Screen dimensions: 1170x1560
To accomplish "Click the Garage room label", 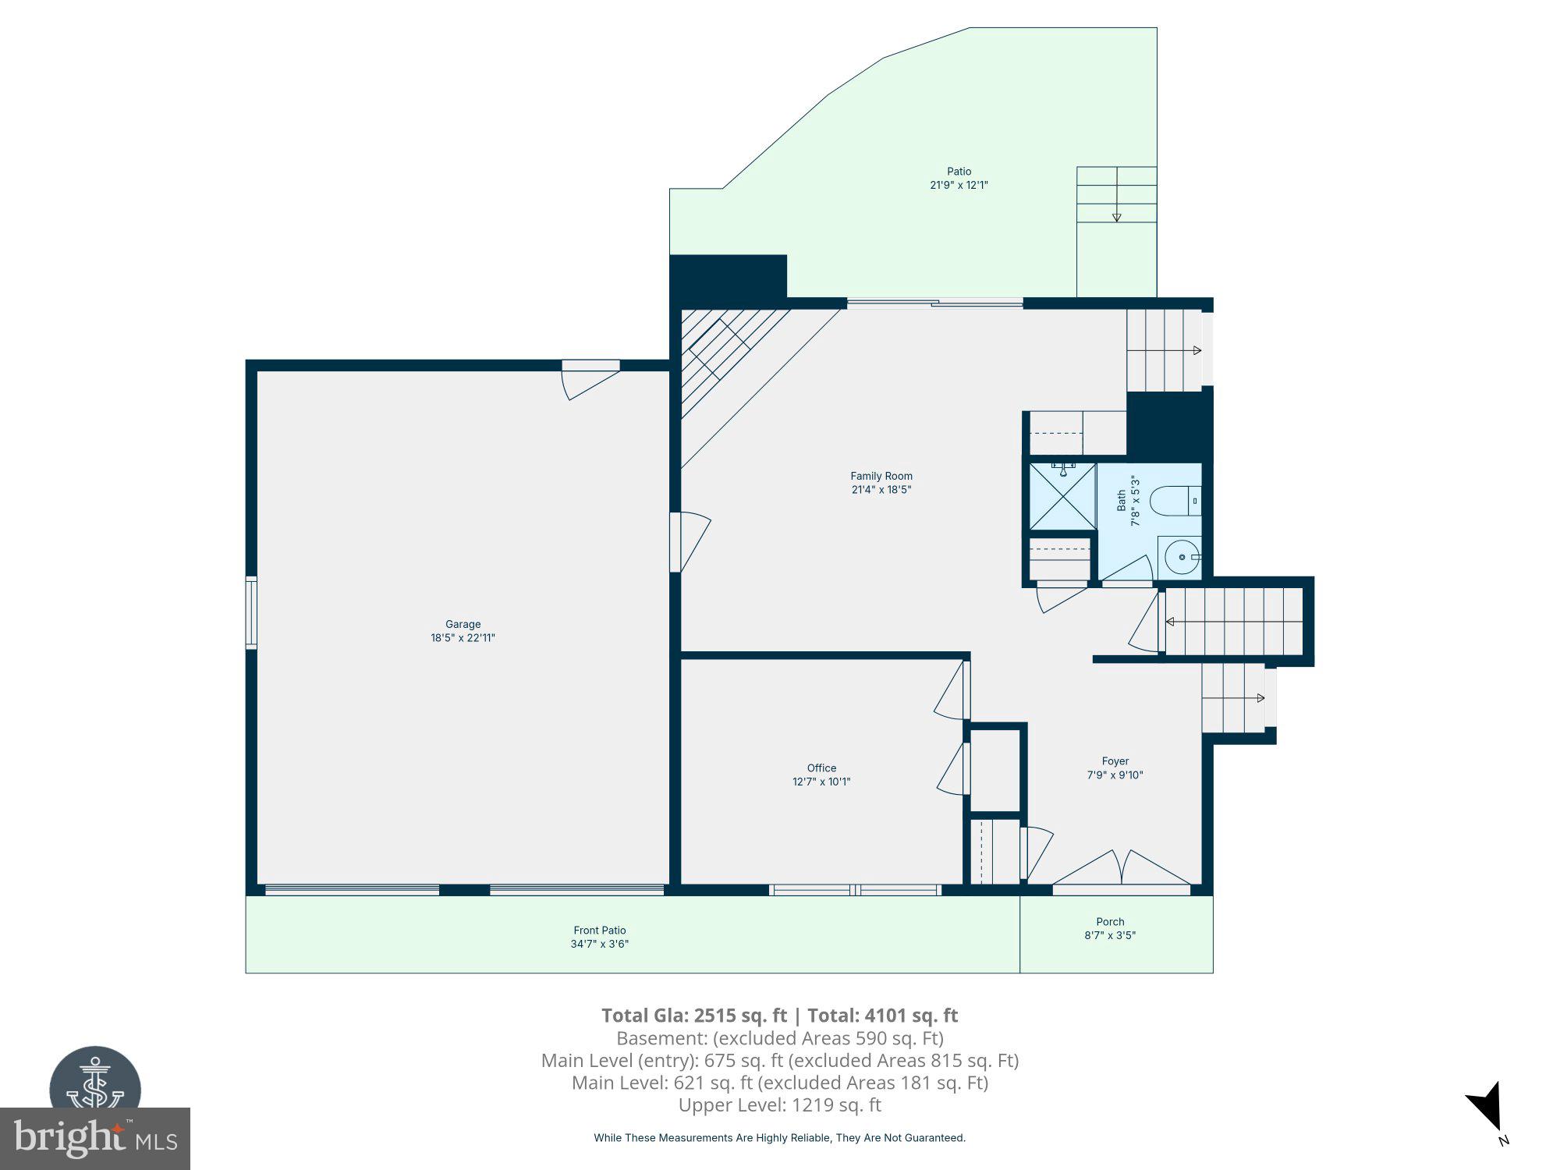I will (x=463, y=624).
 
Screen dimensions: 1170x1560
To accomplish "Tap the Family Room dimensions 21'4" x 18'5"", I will (x=881, y=490).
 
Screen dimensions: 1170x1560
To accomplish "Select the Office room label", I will (x=821, y=768).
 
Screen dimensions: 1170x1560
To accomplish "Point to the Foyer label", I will (x=1115, y=760).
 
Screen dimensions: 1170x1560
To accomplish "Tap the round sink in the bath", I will (x=1182, y=557).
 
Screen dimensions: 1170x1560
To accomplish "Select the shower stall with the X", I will (x=1062, y=496).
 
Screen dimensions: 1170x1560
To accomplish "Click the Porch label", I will (x=1110, y=921).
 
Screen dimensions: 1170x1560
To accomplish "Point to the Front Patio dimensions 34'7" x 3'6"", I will (x=599, y=944).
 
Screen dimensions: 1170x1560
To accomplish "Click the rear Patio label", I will (x=959, y=172).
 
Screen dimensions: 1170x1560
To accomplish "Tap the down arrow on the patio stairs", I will (x=1116, y=217).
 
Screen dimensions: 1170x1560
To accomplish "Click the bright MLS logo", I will (x=94, y=1138).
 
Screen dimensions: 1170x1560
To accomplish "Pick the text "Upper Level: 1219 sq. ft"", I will (x=779, y=1104).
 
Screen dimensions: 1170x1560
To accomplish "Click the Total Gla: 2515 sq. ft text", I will (x=694, y=1016).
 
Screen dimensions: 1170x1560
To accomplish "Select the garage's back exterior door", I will (x=590, y=381).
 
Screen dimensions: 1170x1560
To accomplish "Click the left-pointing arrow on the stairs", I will (x=1171, y=622).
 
